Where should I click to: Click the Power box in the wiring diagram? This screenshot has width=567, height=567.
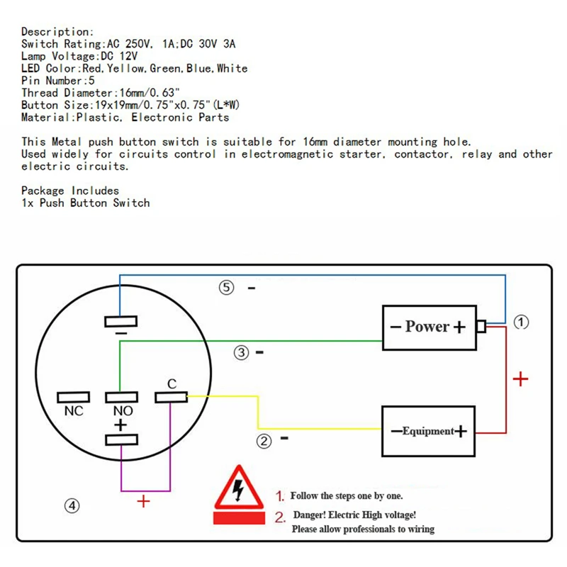pyautogui.click(x=430, y=327)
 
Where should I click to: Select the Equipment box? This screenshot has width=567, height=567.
pyautogui.click(x=428, y=431)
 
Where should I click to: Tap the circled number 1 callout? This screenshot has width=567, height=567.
pyautogui.click(x=521, y=322)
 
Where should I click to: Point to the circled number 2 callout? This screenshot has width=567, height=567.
pyautogui.click(x=264, y=441)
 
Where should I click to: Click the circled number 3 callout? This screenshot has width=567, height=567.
pyautogui.click(x=241, y=352)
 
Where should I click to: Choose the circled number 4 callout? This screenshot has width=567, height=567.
pyautogui.click(x=72, y=505)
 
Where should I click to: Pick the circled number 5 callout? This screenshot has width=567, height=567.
pyautogui.click(x=226, y=288)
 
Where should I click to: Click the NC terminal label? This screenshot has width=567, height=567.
pyautogui.click(x=74, y=411)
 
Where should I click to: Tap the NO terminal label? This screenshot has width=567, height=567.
pyautogui.click(x=123, y=411)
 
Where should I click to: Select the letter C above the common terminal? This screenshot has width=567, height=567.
pyautogui.click(x=172, y=383)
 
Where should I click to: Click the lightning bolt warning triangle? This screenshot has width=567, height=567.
pyautogui.click(x=239, y=488)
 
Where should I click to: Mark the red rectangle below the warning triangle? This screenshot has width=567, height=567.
pyautogui.click(x=239, y=517)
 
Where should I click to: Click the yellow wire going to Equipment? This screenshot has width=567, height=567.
pyautogui.click(x=258, y=412)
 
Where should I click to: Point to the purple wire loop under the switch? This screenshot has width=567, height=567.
pyautogui.click(x=145, y=490)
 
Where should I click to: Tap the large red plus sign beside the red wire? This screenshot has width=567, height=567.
pyautogui.click(x=520, y=379)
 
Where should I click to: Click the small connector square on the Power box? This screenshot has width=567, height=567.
pyautogui.click(x=481, y=326)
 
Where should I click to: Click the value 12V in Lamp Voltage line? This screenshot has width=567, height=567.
pyautogui.click(x=129, y=56)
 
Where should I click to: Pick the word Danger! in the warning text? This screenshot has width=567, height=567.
pyautogui.click(x=309, y=515)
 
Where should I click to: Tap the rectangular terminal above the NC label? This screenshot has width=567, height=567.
pyautogui.click(x=74, y=397)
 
